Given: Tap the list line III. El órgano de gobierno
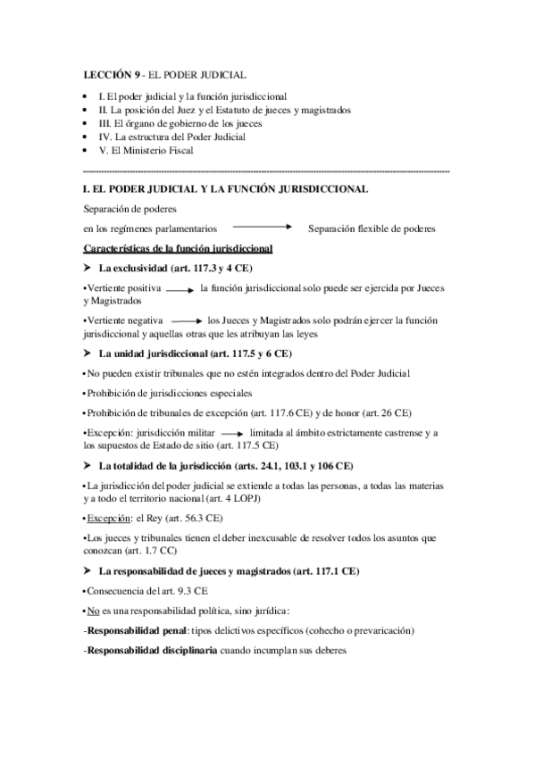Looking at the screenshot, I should (x=161, y=123).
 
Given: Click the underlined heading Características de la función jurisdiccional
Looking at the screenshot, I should (x=178, y=247).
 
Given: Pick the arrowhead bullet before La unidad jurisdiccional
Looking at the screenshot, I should (x=87, y=354).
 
